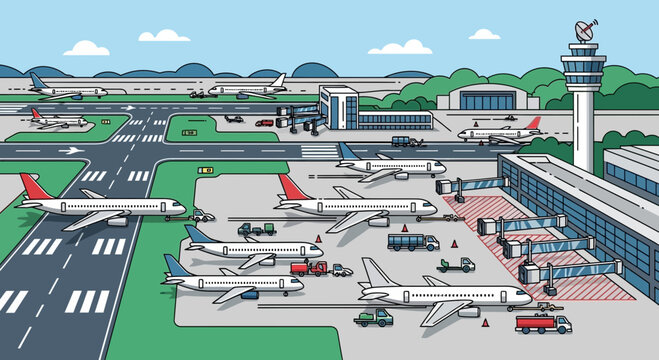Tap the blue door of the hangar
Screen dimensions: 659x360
coord(483,100)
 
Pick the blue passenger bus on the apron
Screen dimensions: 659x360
coord(413,242)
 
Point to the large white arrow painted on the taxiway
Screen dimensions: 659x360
coord(71,150)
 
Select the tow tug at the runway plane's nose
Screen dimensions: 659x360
coord(201,215)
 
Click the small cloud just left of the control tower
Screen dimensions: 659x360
coord(485,34)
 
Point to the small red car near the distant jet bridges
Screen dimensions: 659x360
coord(264,123)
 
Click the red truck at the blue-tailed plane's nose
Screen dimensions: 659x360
coord(311,268)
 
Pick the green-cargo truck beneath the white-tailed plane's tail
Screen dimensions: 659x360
coord(373,318)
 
